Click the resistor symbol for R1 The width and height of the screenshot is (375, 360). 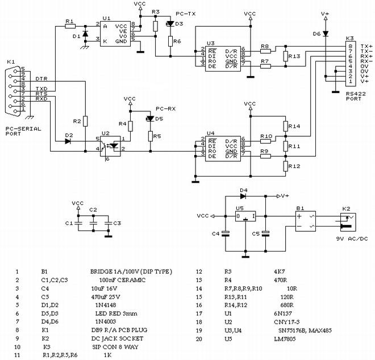click(x=70, y=26)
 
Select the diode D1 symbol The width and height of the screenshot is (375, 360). click(x=85, y=34)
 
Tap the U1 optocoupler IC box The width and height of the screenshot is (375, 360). click(x=115, y=34)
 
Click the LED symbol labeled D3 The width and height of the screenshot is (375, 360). click(x=170, y=24)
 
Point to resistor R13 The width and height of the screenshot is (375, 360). click(x=285, y=56)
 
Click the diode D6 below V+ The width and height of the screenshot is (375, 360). click(x=325, y=34)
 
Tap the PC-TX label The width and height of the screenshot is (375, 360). click(x=186, y=14)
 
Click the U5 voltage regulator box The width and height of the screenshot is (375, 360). click(x=245, y=216)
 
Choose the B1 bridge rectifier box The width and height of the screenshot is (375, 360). click(x=306, y=221)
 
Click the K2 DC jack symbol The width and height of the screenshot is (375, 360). click(x=348, y=222)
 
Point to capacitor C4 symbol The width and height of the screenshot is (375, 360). click(x=226, y=233)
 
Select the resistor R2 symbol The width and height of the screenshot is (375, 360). click(x=85, y=121)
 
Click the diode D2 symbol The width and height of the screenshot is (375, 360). click(x=68, y=141)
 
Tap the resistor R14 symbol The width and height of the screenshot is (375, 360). click(x=285, y=126)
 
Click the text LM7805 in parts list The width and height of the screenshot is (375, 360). click(x=285, y=339)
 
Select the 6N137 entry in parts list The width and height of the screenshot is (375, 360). click(x=283, y=313)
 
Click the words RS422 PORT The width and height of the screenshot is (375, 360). click(x=356, y=96)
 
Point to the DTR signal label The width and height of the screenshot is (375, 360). click(x=41, y=79)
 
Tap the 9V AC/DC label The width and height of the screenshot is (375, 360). click(x=352, y=238)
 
